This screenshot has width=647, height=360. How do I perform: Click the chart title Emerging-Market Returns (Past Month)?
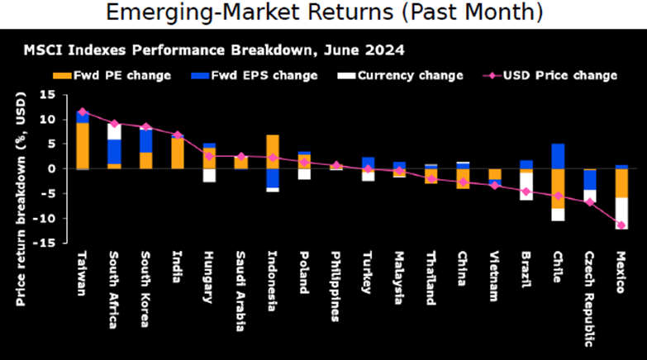[323, 13]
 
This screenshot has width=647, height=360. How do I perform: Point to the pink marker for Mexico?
[621, 225]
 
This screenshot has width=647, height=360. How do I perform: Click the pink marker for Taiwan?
[82, 111]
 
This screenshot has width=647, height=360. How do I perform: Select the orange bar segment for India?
[177, 153]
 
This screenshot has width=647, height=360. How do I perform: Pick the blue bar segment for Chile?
[559, 156]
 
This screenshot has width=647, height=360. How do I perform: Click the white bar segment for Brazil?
[526, 186]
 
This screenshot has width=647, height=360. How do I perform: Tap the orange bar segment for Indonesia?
[272, 151]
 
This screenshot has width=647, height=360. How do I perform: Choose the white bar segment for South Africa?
[114, 131]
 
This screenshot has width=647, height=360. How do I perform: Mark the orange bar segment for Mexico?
[621, 183]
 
